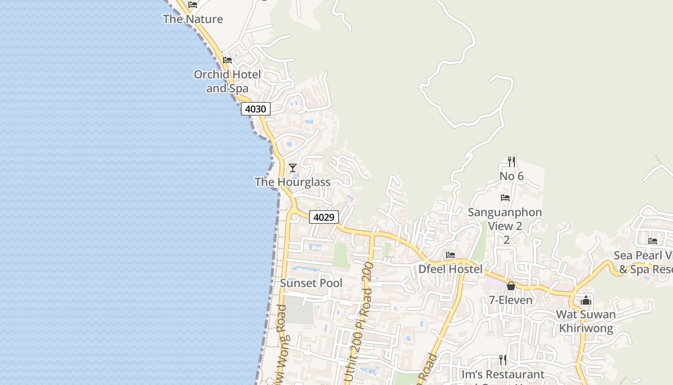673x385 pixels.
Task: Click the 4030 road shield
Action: pos(255,109)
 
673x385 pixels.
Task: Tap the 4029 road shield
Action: pos(324,217)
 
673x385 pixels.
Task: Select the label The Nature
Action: pos(193,19)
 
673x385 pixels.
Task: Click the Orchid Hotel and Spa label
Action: pos(227,81)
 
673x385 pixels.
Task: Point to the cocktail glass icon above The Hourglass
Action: pos(292,168)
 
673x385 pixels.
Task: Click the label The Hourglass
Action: pos(292,182)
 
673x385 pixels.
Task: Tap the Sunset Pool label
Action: pos(311,283)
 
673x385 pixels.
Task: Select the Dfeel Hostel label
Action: pos(450,269)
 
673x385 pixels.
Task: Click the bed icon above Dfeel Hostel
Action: pos(450,255)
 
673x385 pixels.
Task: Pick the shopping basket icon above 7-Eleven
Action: pos(511,286)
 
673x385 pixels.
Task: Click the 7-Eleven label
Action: pos(511,300)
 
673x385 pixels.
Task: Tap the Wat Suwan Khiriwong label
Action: pos(586,321)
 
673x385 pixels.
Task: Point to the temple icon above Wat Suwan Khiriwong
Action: pos(586,301)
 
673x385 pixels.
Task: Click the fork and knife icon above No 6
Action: pos(511,161)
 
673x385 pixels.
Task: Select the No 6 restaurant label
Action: pos(511,176)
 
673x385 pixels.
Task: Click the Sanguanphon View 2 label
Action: pos(505,219)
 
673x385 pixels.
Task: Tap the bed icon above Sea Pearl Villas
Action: pos(652,241)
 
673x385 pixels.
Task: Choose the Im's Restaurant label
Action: pos(502,374)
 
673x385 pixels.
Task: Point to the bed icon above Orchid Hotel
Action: pos(227,60)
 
